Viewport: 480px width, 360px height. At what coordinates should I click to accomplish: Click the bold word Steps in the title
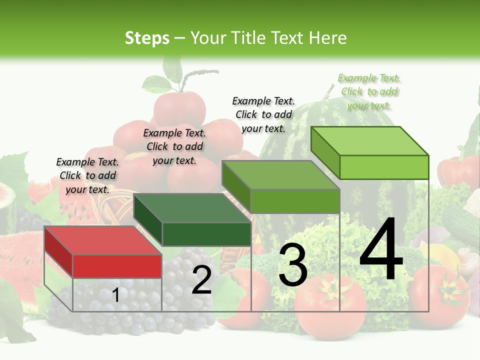[x=147, y=38]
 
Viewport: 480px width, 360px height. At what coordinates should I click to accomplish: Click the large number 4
[x=381, y=250]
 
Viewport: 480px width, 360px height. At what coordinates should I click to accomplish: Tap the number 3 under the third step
[x=292, y=265]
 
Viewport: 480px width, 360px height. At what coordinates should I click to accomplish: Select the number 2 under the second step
[x=201, y=280]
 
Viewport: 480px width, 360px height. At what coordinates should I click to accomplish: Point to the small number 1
[x=115, y=295]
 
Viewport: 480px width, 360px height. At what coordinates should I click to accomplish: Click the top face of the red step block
[x=103, y=240]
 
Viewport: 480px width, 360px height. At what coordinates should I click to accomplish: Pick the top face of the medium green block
[x=280, y=175]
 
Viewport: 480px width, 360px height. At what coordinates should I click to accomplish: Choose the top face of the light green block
[x=369, y=141]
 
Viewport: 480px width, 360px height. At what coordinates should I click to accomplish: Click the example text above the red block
[x=87, y=175]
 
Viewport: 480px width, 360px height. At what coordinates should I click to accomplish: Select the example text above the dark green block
[x=174, y=146]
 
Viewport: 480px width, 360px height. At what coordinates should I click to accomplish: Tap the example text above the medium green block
[x=263, y=114]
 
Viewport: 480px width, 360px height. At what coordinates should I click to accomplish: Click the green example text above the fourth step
[x=369, y=91]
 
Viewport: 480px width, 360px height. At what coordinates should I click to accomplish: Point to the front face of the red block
[x=117, y=266]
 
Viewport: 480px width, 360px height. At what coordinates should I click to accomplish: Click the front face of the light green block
[x=384, y=167]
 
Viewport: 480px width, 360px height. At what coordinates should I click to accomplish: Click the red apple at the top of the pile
[x=179, y=107]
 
